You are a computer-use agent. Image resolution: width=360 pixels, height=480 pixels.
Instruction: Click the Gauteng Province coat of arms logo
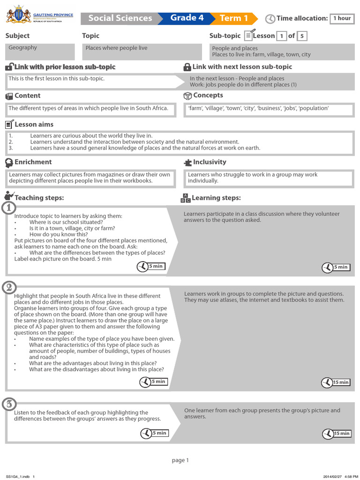tap(18, 15)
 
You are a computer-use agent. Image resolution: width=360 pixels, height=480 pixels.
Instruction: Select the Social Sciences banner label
tap(120, 18)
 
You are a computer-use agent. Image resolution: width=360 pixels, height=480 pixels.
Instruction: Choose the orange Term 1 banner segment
tap(234, 18)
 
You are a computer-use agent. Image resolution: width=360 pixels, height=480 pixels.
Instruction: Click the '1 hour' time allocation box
tap(342, 18)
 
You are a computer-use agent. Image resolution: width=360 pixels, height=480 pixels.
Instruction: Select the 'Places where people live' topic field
tap(142, 51)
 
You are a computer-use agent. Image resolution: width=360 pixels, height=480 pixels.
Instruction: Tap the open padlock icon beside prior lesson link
tap(9, 67)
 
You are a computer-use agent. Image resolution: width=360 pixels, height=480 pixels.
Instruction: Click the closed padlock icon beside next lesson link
tap(187, 67)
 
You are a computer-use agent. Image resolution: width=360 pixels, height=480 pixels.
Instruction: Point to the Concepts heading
tap(208, 96)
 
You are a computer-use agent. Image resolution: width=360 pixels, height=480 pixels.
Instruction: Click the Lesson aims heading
tap(34, 124)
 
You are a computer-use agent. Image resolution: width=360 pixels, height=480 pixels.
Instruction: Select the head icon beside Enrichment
tap(9, 162)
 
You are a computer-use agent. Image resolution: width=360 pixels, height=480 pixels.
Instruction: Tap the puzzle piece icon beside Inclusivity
tap(187, 162)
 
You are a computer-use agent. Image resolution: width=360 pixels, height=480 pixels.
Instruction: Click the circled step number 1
tap(9, 208)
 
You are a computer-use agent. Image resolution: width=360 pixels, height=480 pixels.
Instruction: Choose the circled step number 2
tap(9, 287)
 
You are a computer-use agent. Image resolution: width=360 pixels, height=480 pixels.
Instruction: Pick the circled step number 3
tap(9, 404)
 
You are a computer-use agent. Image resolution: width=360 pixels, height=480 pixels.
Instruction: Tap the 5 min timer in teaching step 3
tap(154, 433)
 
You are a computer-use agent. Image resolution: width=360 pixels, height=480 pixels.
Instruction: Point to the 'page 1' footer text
tap(180, 460)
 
